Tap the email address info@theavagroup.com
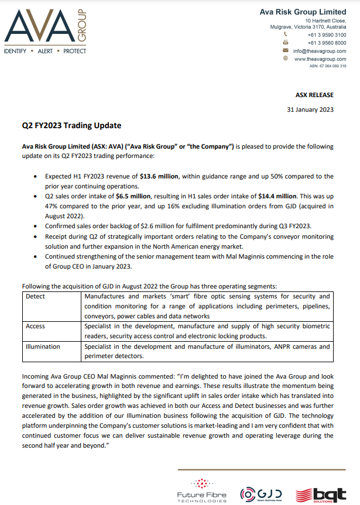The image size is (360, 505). click(320, 51)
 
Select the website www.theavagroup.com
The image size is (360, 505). click(320, 59)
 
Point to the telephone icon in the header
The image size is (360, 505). click(286, 35)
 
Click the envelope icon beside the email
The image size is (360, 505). click(286, 51)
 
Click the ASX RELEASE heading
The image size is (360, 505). click(314, 95)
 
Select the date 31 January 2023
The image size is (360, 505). click(310, 109)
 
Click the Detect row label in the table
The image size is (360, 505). click(35, 297)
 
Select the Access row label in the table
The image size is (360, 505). click(35, 326)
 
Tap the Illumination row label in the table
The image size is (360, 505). click(43, 346)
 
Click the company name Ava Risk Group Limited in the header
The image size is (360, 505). click(303, 12)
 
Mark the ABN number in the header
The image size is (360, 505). click(328, 66)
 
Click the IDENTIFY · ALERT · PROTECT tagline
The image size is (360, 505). click(45, 51)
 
